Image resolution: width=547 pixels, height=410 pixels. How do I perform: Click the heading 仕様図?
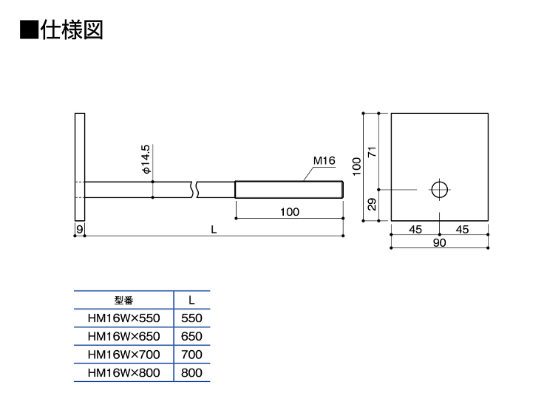(x=72, y=30)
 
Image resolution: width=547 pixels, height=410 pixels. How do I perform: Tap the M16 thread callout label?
(x=324, y=161)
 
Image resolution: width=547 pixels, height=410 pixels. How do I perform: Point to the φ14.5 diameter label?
(x=146, y=159)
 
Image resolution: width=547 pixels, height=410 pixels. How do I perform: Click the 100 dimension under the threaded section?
(x=290, y=211)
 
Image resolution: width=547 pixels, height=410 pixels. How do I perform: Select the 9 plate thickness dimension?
(x=80, y=229)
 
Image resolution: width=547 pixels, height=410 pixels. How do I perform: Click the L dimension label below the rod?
(x=214, y=230)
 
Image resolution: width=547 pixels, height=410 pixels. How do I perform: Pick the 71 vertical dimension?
(x=373, y=151)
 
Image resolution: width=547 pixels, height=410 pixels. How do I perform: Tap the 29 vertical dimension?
(x=373, y=204)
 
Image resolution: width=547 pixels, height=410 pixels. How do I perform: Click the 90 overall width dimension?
(x=440, y=242)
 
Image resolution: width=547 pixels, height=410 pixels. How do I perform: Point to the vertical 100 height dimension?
(x=356, y=166)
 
